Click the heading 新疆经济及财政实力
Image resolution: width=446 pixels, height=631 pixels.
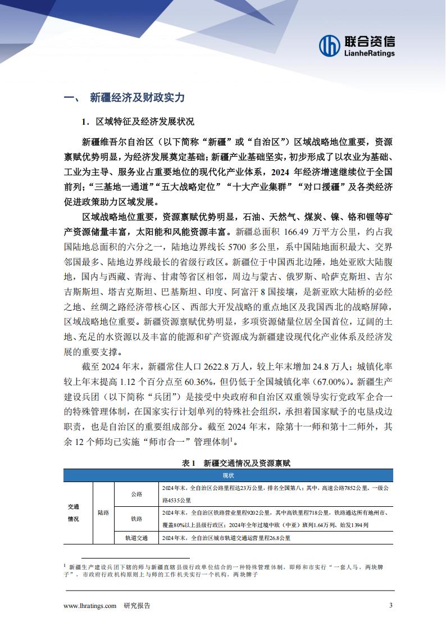[137, 97]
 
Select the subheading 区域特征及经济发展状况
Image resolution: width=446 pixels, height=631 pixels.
[145, 122]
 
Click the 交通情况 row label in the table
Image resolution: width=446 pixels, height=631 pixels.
[74, 512]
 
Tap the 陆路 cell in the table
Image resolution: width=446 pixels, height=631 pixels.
[103, 512]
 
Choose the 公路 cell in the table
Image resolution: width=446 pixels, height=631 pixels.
[136, 494]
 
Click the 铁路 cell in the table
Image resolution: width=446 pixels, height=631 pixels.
[136, 519]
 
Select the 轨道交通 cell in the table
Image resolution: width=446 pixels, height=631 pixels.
[136, 538]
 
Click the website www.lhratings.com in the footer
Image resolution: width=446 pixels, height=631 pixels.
[90, 605]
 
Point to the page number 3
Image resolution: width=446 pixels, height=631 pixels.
[391, 605]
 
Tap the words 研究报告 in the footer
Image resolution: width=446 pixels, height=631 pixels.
[136, 605]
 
